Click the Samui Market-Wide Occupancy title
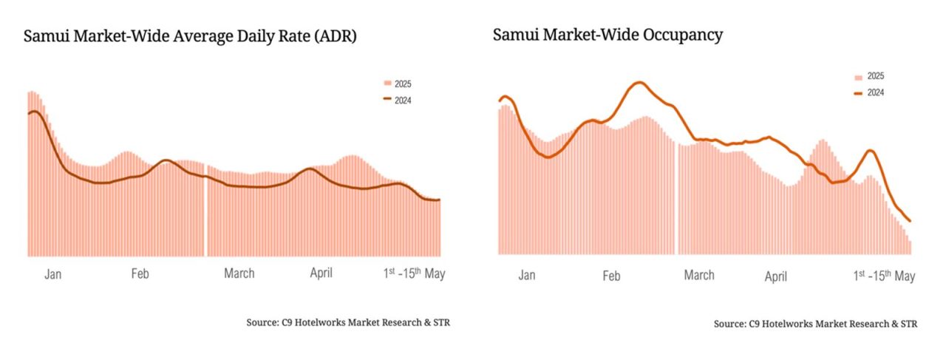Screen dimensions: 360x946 click(x=608, y=35)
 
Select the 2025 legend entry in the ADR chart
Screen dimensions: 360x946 click(x=397, y=84)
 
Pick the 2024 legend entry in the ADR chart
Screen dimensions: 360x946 click(x=397, y=100)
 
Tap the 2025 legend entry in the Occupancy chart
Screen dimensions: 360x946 click(x=869, y=76)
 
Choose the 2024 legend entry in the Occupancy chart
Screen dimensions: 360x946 click(x=869, y=92)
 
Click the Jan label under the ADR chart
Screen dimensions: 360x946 click(x=52, y=274)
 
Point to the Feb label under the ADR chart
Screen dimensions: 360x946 click(x=140, y=274)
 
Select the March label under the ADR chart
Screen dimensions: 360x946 click(x=239, y=274)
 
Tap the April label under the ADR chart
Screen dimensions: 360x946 click(x=320, y=274)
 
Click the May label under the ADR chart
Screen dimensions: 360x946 click(x=414, y=273)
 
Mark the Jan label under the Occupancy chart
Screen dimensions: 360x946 click(x=526, y=276)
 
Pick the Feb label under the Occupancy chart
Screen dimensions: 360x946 click(x=610, y=276)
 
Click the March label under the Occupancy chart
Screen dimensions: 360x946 click(x=698, y=276)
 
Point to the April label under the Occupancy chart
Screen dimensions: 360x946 click(x=775, y=276)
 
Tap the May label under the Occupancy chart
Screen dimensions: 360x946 click(x=884, y=276)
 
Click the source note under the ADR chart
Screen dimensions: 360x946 click(x=348, y=322)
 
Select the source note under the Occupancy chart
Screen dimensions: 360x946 click(x=815, y=324)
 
